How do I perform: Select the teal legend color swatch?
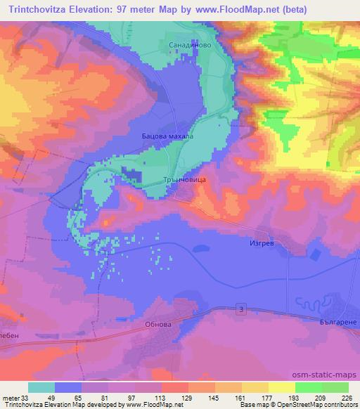point(41,387)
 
